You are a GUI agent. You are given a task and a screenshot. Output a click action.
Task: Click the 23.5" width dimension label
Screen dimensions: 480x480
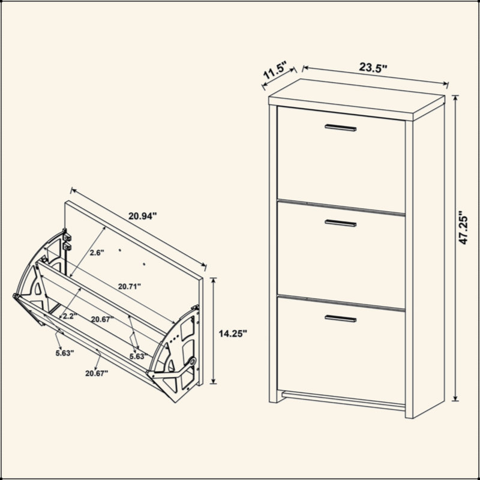pyautogui.click(x=373, y=67)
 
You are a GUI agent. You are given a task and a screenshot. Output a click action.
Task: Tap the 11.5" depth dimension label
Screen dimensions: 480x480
pyautogui.click(x=275, y=70)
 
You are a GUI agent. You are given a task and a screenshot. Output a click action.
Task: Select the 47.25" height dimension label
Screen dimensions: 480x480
pyautogui.click(x=463, y=227)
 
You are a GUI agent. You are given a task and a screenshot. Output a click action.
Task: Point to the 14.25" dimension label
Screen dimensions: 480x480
pyautogui.click(x=233, y=333)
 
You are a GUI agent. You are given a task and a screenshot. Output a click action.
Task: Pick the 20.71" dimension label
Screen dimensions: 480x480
pyautogui.click(x=130, y=286)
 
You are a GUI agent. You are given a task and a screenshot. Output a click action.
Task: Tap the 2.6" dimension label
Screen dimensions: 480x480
pyautogui.click(x=97, y=253)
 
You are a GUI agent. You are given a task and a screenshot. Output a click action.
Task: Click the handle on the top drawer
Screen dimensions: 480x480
pyautogui.click(x=340, y=128)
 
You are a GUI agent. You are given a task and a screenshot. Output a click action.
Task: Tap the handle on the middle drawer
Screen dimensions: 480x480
pyautogui.click(x=340, y=223)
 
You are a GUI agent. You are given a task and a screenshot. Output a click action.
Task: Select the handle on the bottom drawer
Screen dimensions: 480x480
pyautogui.click(x=340, y=319)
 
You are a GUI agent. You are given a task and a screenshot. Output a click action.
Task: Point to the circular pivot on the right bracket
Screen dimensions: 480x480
pyautogui.click(x=192, y=361)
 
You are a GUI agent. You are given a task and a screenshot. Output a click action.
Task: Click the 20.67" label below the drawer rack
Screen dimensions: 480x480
pyautogui.click(x=97, y=373)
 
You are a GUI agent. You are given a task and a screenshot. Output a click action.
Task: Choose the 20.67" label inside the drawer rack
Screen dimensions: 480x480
pyautogui.click(x=103, y=319)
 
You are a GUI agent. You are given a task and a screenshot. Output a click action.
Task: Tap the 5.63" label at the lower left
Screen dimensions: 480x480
pyautogui.click(x=65, y=353)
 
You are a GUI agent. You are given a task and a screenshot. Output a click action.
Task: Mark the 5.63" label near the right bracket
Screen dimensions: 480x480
pyautogui.click(x=139, y=356)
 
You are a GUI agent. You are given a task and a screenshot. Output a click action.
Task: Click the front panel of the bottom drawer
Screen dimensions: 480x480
pyautogui.click(x=341, y=350)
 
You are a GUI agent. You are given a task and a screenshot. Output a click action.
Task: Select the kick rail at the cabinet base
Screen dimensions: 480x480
pyautogui.click(x=343, y=400)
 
